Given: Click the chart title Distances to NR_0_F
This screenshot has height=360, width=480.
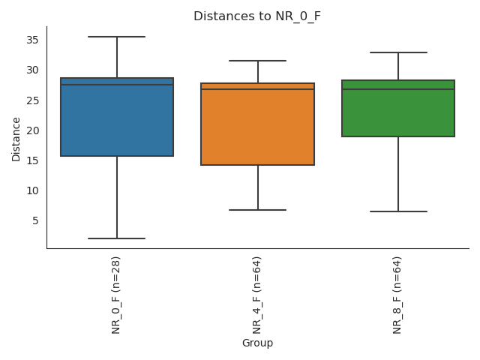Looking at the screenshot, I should coord(257,16).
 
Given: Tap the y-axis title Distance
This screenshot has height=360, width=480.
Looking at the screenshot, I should coord(16,139).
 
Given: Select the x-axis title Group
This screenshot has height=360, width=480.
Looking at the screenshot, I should coord(257,343).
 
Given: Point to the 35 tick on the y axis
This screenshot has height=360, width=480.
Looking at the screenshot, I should coord(33,40).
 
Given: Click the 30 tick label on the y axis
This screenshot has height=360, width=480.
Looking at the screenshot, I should coord(33,70).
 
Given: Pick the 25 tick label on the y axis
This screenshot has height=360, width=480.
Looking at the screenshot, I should coord(33,100).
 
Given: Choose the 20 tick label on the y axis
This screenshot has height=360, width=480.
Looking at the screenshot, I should coord(33,130).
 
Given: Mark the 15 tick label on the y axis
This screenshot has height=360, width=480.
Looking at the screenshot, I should coord(33,160).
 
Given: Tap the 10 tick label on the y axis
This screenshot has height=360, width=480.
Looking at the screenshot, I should coord(33,190).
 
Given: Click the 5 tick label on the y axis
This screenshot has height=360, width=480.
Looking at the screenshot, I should coord(35,220).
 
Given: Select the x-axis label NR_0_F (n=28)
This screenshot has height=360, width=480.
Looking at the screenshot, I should coord(116,294).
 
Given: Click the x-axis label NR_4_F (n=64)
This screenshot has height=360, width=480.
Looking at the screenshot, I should coord(257,294).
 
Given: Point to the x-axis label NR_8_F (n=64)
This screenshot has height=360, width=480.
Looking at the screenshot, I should coord(397,294).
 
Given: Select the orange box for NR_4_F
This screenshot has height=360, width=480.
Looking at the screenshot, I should coord(257,124).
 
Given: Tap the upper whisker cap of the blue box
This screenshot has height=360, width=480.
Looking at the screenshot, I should coord(117,37).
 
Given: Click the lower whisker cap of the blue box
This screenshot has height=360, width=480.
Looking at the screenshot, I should coord(117,238).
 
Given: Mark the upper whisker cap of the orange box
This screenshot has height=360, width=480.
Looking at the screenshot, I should coord(257,61).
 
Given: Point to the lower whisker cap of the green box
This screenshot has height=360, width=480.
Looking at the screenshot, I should coord(398,211).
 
